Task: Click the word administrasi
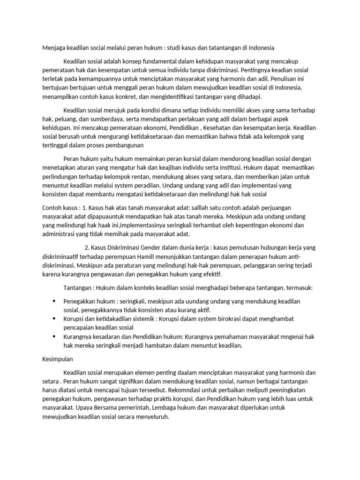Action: click(x=58, y=234)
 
